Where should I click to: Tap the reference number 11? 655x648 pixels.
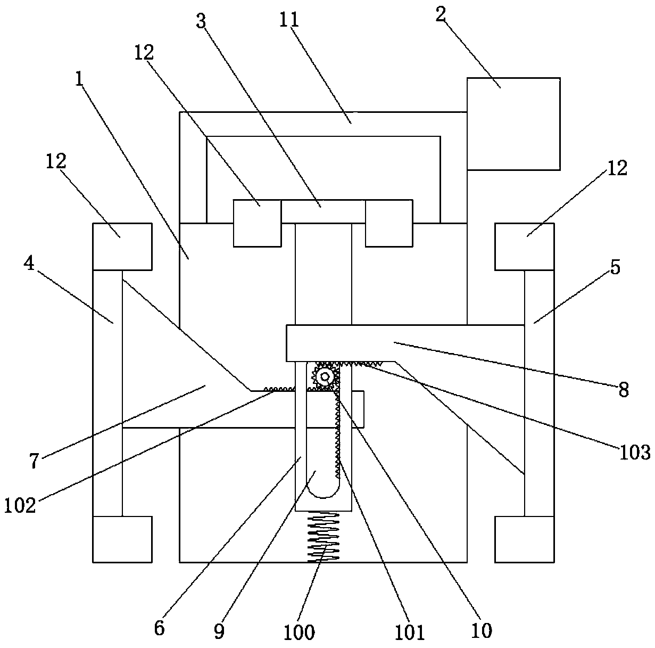point(289,19)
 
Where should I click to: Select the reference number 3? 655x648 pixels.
point(201,21)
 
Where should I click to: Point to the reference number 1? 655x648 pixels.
point(79,79)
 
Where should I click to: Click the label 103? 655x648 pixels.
point(635,453)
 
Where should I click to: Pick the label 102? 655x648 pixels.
point(20,505)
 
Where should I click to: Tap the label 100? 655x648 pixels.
point(299,633)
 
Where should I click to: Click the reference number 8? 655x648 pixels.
point(624,389)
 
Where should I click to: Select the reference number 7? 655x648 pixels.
point(34,461)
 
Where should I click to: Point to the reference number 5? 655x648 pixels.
point(615,267)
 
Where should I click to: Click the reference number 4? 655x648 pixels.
point(29,263)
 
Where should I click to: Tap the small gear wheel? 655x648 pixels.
point(325,376)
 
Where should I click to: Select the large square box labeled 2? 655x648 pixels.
point(513,124)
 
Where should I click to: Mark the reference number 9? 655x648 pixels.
point(220,631)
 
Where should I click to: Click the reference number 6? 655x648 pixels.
point(160,628)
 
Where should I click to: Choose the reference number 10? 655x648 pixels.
point(482,630)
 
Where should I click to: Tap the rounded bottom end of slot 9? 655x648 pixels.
point(324,490)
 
